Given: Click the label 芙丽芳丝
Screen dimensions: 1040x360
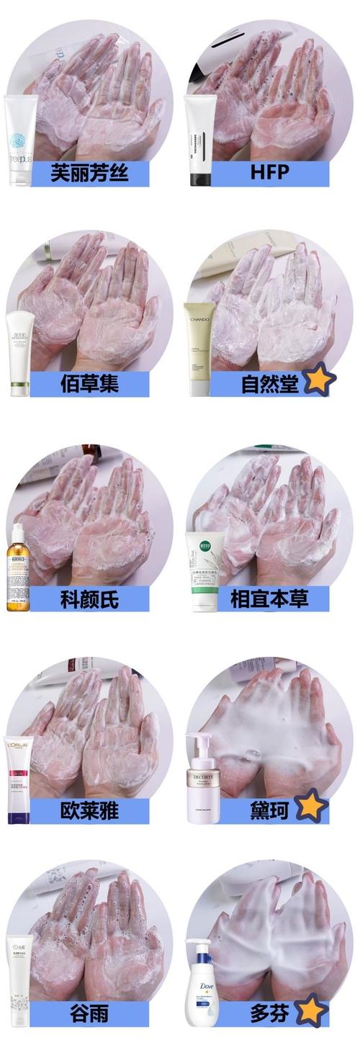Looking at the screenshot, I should pos(89,174).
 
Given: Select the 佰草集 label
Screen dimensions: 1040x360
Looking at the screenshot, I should pos(89,384).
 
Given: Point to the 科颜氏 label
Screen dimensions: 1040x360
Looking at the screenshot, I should pos(89,599).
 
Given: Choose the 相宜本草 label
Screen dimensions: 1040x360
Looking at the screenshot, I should pos(269,599).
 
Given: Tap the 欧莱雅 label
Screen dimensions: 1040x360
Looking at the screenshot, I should pos(89,811).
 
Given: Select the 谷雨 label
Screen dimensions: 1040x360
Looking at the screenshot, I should pos(89,1014).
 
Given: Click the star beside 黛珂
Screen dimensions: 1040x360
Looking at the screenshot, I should pos(311,806).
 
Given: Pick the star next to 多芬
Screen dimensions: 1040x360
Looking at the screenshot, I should pos(311,1010).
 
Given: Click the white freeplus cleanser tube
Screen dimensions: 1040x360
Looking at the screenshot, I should pos(21,140).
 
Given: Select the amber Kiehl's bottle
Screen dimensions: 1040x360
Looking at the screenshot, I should pos(19,569).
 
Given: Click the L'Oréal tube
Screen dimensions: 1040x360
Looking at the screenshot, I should pos(20,782).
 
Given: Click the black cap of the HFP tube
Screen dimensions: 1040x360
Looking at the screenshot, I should pos(200,177).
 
